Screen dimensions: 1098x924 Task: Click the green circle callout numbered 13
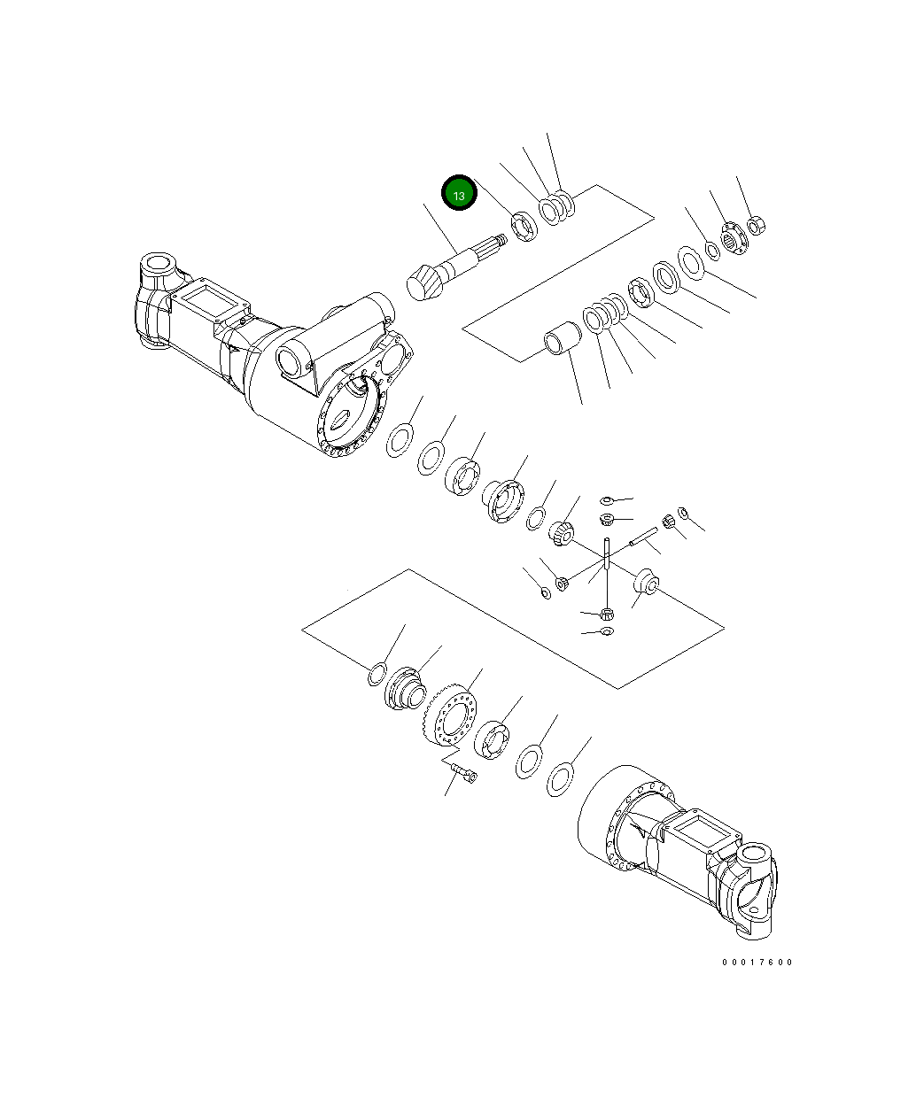[x=460, y=194]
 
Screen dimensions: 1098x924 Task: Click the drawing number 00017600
[x=757, y=962]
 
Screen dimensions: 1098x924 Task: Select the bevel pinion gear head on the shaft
[x=423, y=284]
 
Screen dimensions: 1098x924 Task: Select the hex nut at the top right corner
[x=756, y=226]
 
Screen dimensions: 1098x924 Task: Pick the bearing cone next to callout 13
[x=524, y=227]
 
